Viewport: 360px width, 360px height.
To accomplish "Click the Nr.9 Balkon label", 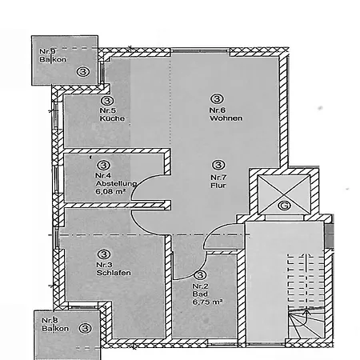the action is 53,55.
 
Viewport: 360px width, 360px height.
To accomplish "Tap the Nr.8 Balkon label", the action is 55,324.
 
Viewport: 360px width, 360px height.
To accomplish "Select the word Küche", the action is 112,118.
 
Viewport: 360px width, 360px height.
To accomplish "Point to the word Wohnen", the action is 226,118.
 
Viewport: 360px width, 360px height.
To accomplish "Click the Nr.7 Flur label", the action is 218,182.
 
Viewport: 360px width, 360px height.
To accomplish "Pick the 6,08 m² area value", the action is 110,191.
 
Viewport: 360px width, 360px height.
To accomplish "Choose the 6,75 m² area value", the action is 207,302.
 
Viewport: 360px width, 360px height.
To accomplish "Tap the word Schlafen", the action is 114,273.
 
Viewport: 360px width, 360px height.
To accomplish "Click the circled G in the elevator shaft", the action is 285,206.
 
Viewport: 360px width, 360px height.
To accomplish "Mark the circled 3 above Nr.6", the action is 217,99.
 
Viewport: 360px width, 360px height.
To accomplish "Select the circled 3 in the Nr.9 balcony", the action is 83,72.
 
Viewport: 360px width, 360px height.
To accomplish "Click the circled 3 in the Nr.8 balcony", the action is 86,328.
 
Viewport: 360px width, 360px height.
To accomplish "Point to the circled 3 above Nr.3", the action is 104,254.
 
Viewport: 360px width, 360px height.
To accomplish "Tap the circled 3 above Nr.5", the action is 107,101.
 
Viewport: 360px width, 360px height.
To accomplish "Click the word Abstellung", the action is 116,183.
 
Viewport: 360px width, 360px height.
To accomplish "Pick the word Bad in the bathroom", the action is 200,294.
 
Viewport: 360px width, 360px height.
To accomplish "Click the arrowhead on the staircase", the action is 306,312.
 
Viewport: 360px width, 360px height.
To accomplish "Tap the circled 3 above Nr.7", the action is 218,165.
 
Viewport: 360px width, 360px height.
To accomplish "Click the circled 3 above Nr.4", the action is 104,166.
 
